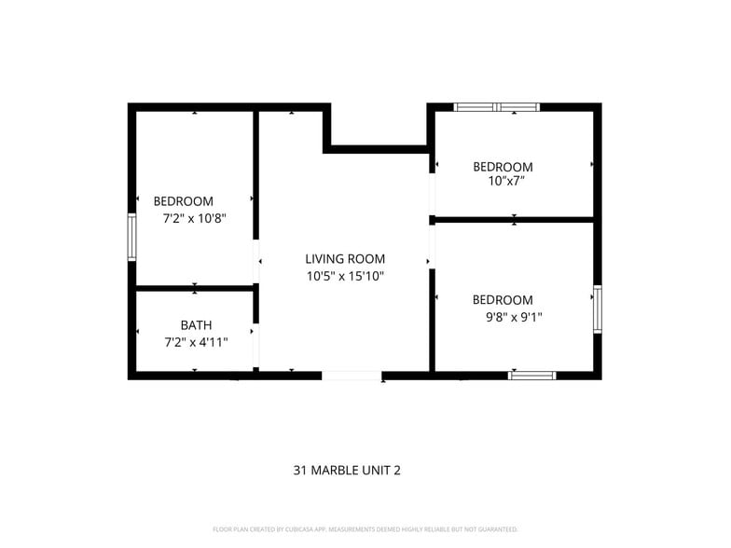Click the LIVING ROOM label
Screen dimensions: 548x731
pos(345,259)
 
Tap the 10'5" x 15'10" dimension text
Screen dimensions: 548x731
pos(345,276)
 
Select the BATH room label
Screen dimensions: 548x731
pos(196,325)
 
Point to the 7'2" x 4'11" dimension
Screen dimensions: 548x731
pos(196,342)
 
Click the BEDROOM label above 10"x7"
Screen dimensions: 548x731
pos(503,167)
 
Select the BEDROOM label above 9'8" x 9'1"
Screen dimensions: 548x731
pos(503,300)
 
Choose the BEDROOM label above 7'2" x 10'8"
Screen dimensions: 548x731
pos(183,201)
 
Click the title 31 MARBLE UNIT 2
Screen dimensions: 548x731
pos(347,471)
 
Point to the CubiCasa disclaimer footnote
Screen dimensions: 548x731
pos(365,529)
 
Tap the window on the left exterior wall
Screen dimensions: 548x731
pos(132,238)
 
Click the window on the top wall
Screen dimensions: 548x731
pos(496,107)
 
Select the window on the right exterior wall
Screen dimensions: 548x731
pos(598,309)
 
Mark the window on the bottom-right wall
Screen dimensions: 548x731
pos(531,376)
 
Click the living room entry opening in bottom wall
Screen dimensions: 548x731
pos(352,376)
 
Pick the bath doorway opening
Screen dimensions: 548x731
pos(255,345)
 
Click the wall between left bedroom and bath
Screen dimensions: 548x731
pos(195,288)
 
